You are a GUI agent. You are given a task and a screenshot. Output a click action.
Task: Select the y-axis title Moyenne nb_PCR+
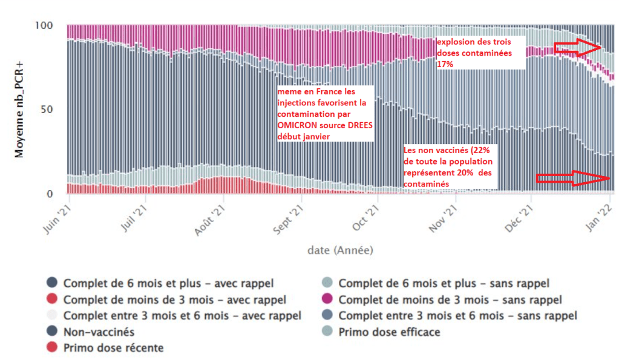pyautogui.click(x=20, y=109)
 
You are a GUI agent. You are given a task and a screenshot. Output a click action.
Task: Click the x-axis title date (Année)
pyautogui.click(x=339, y=249)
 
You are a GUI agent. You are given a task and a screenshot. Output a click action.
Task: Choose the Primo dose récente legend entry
pyautogui.click(x=113, y=348)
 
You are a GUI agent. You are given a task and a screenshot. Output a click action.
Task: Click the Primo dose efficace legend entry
pyautogui.click(x=389, y=332)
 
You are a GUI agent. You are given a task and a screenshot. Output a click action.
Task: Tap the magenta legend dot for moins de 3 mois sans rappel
pyautogui.click(x=327, y=299)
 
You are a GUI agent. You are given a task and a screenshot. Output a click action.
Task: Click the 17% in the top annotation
pyautogui.click(x=445, y=64)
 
